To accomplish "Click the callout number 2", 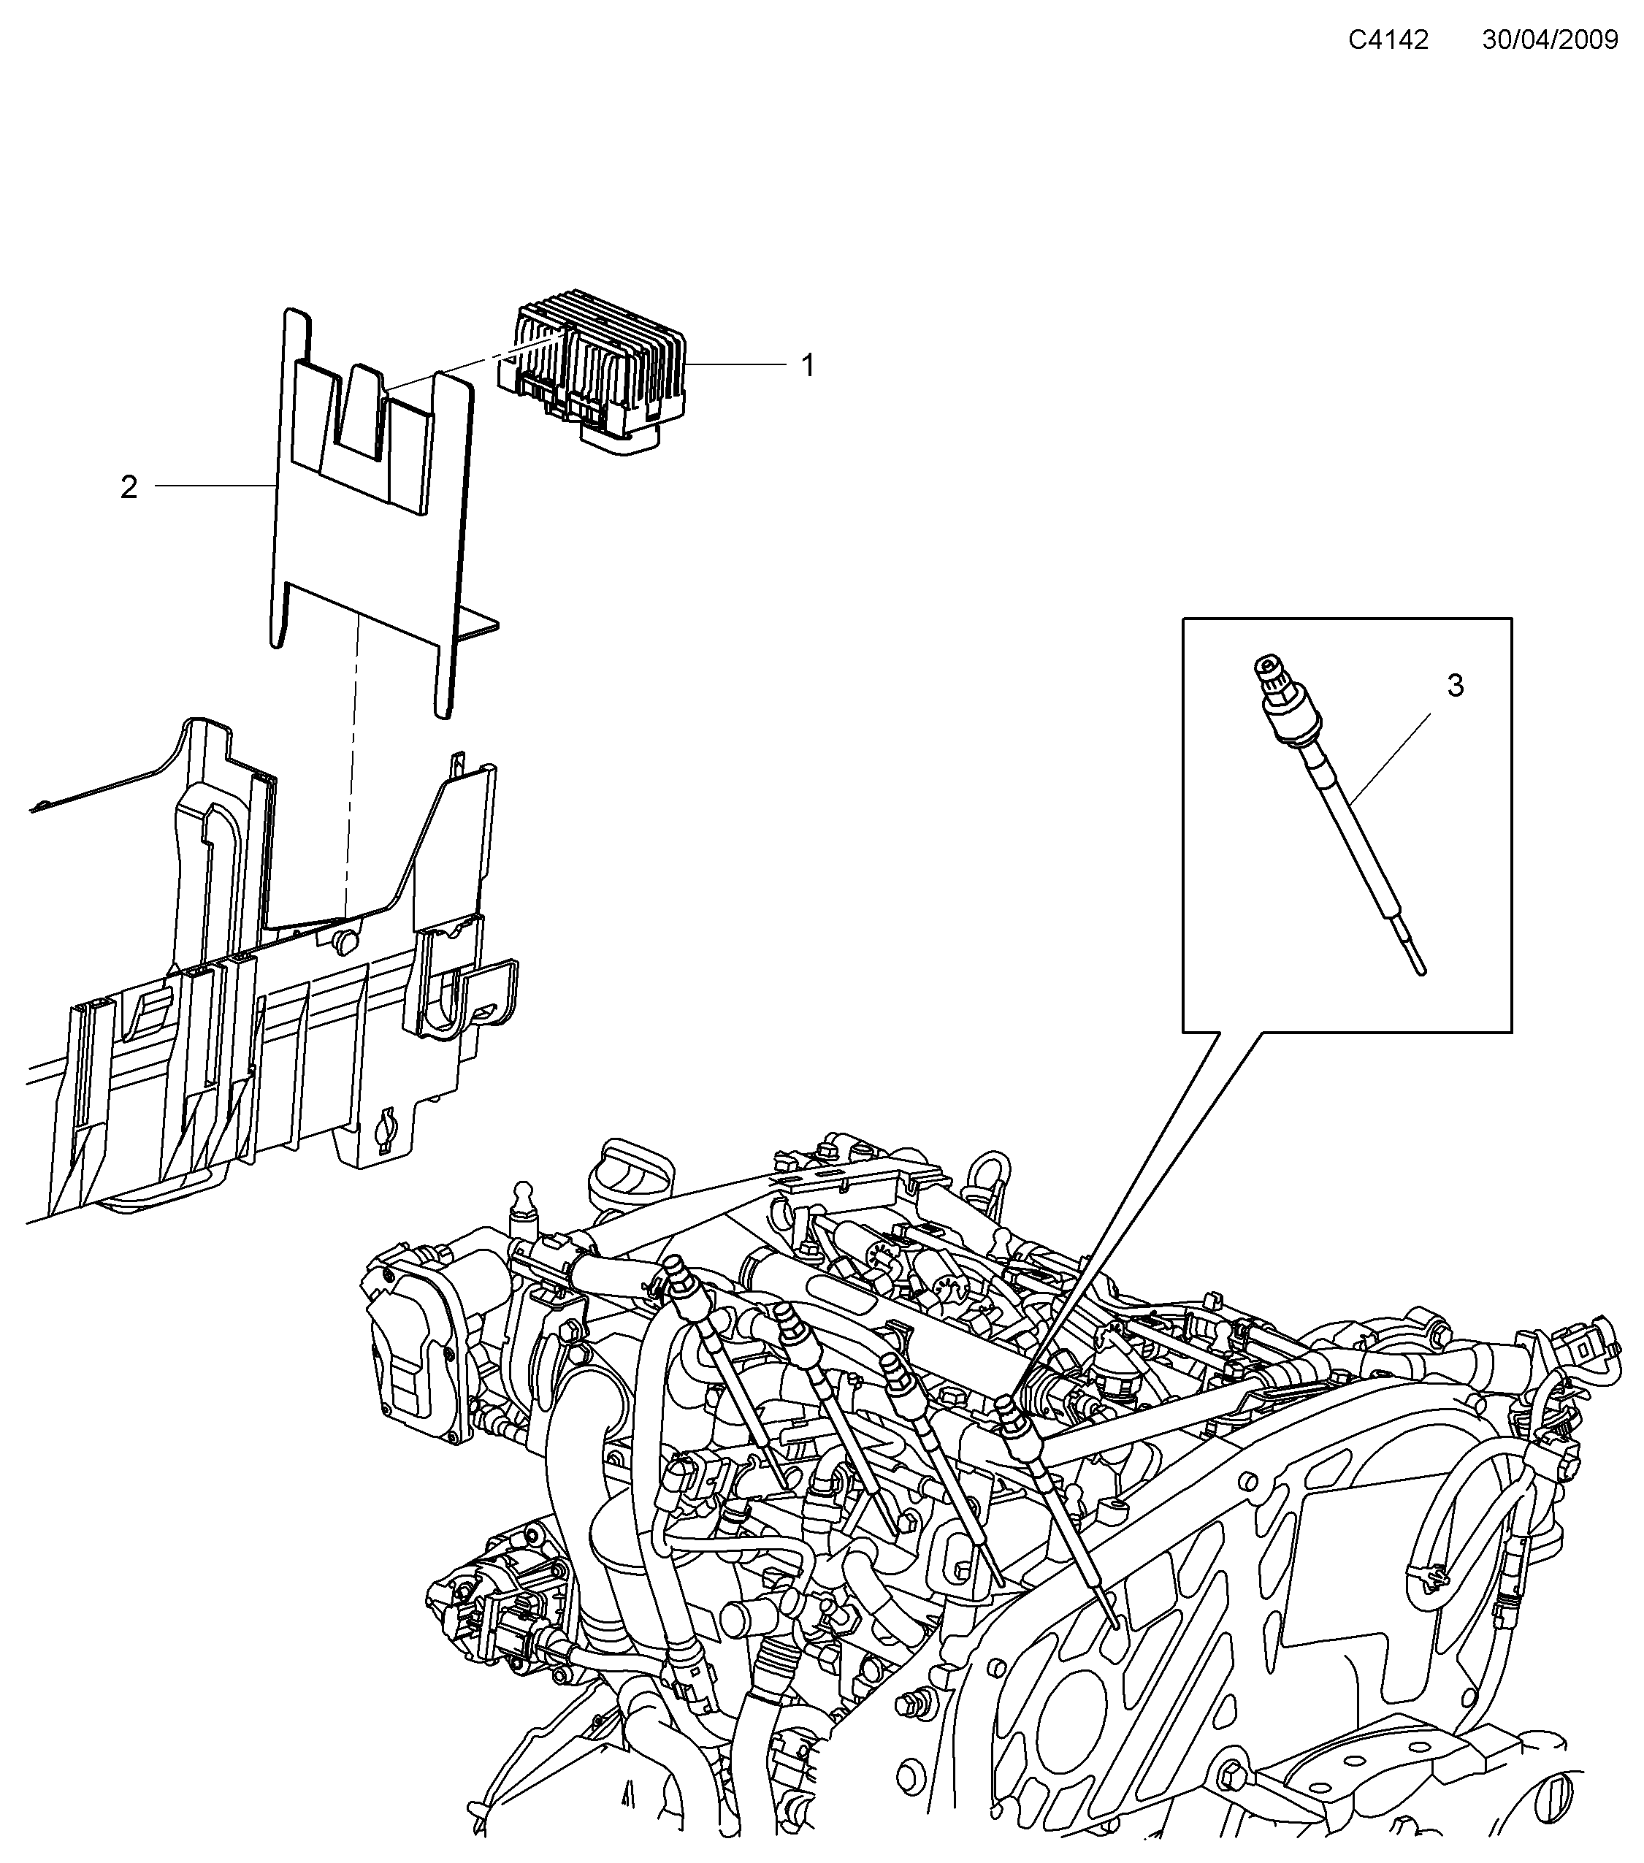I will point(129,488).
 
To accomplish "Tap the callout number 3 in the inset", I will point(1456,686).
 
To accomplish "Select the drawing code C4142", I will point(1388,39).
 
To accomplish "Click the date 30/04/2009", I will point(1550,39).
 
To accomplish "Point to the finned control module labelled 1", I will point(602,364).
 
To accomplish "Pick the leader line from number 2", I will point(214,486).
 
